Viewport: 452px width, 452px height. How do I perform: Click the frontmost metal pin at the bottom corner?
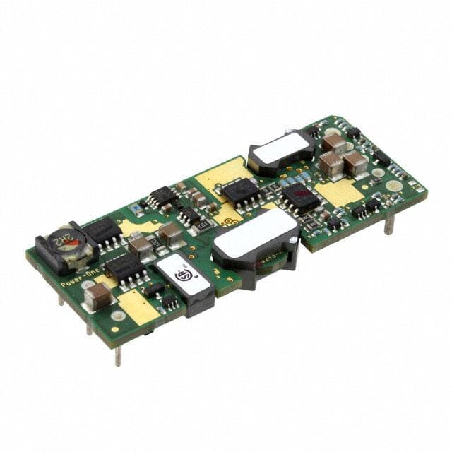coord(118,355)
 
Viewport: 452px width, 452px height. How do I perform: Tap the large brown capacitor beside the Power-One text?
coord(99,295)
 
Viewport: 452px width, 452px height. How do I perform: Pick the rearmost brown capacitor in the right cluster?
coord(333,143)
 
